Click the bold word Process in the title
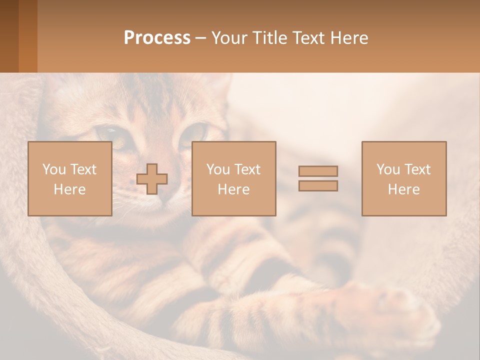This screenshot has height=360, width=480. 157,38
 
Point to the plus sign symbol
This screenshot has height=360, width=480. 152,179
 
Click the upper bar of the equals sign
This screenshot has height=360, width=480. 318,171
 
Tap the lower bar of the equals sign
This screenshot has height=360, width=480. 318,185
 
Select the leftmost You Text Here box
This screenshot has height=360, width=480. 69,179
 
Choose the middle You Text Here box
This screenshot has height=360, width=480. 233,179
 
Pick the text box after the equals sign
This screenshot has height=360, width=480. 403,179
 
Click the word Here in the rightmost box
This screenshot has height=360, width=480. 403,189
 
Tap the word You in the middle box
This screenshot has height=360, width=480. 218,169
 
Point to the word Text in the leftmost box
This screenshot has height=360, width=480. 83,169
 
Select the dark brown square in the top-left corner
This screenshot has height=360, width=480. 9,36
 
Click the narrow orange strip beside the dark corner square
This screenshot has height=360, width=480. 28,36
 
